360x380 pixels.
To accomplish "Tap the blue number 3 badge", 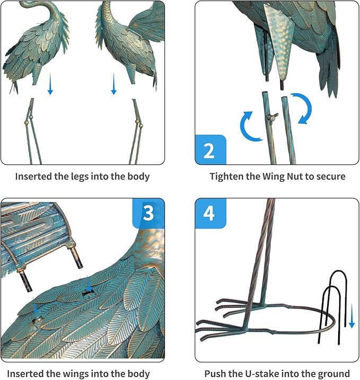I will point(148,213).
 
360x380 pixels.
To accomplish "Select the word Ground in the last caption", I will point(335,374).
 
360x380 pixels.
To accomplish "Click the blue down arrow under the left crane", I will point(50,85).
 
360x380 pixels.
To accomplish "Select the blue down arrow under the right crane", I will point(113,85).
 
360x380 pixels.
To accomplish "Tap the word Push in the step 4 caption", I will point(215,374).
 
